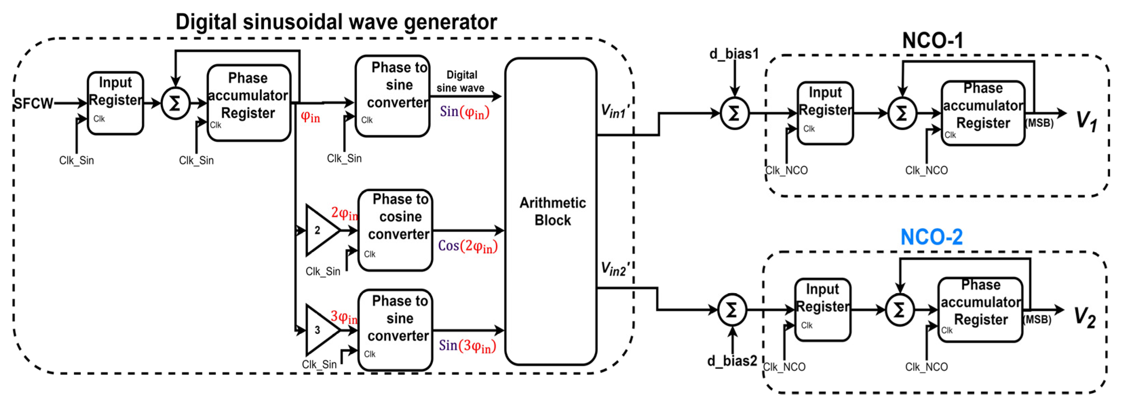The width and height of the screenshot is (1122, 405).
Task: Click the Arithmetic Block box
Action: click(x=551, y=211)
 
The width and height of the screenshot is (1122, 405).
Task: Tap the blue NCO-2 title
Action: click(x=931, y=237)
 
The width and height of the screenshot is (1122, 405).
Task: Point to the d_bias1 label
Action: click(x=734, y=54)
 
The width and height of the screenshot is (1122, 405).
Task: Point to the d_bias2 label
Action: click(x=732, y=360)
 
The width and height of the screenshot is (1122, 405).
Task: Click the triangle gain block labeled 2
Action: click(x=320, y=230)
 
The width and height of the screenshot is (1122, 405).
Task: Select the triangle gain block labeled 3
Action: click(x=320, y=330)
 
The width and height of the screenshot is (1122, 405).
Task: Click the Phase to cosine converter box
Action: click(x=395, y=230)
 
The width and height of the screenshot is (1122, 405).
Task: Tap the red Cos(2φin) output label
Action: click(x=467, y=246)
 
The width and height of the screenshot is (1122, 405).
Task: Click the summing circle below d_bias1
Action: click(x=734, y=114)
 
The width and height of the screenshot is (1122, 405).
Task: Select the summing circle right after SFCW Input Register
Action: click(x=175, y=104)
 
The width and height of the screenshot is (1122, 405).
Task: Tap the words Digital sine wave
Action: click(x=460, y=82)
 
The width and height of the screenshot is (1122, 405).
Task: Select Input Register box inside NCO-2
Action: click(x=822, y=310)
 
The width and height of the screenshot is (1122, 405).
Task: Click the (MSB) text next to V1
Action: click(x=1039, y=123)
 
